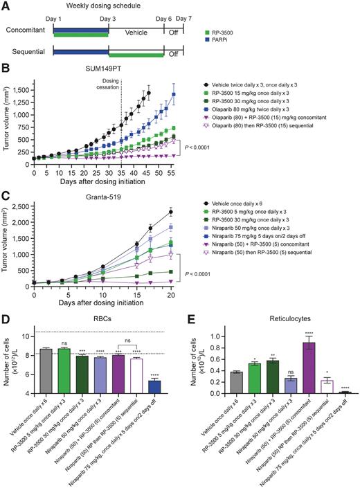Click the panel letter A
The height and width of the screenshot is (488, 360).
coord(6,6)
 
